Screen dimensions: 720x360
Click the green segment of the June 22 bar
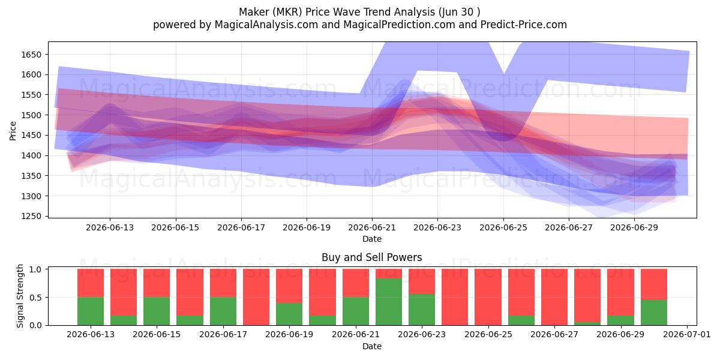(389, 301)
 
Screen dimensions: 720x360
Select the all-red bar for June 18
(256, 297)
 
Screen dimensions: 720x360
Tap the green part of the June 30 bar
(654, 313)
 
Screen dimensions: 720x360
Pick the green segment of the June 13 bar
(91, 311)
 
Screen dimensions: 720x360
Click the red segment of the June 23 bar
(422, 281)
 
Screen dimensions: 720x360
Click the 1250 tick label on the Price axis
(31, 217)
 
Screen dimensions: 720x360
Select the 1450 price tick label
(31, 136)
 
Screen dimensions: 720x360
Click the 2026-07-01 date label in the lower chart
(687, 334)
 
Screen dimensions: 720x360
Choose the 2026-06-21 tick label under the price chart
(372, 227)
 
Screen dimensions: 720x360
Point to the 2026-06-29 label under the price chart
(634, 227)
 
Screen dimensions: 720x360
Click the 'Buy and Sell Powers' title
(371, 257)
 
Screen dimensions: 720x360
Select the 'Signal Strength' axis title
(20, 296)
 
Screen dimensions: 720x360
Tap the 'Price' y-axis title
(13, 131)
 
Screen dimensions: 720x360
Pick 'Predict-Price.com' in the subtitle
(524, 25)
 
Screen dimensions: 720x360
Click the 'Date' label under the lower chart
(372, 346)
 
